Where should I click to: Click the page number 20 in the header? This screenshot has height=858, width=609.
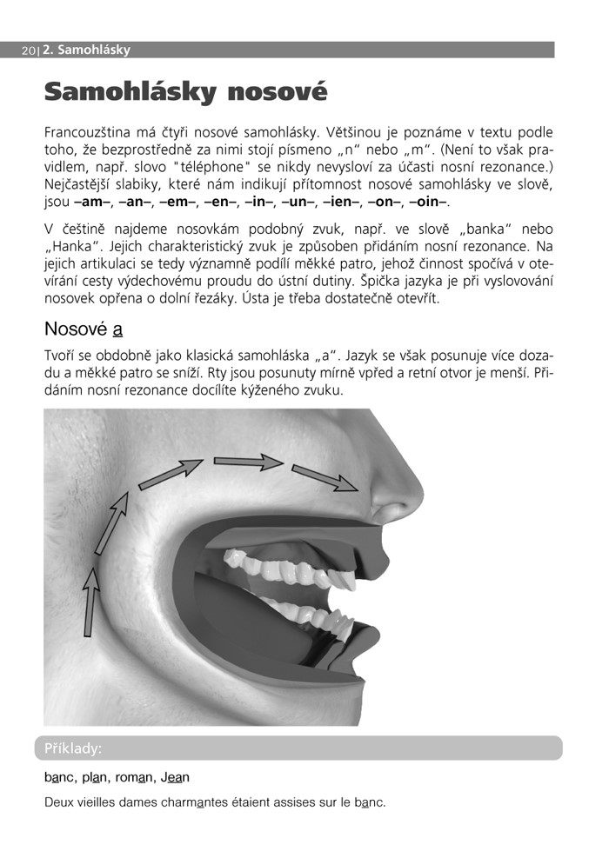[x=28, y=50]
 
